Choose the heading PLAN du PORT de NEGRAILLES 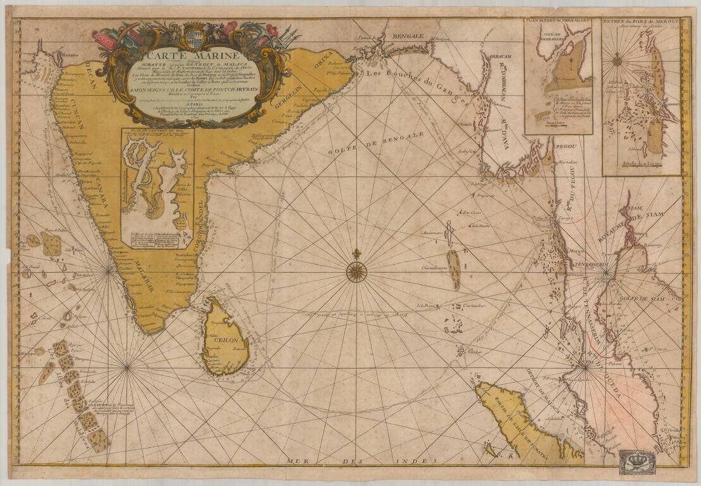pos(558,22)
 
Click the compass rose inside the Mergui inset pos(617,61)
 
